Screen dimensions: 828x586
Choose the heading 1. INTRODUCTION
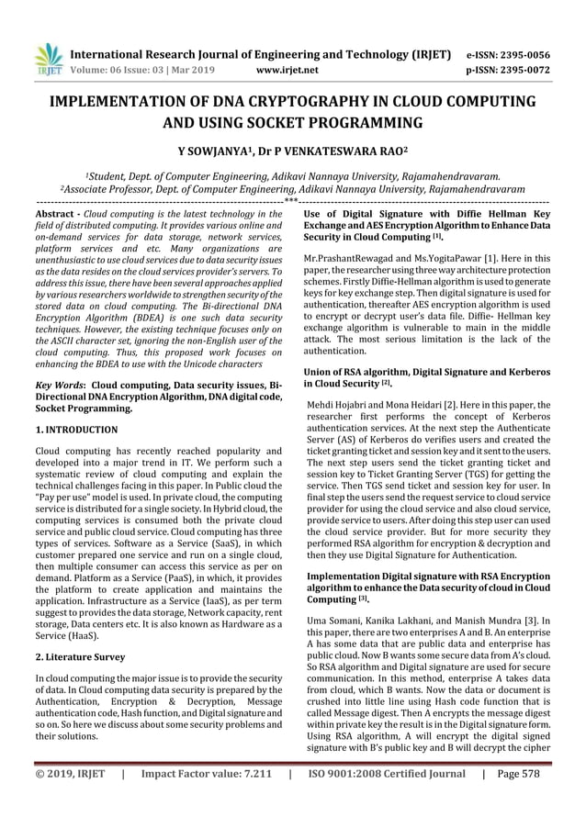(x=75, y=429)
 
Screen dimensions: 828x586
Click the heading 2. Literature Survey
(x=80, y=659)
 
